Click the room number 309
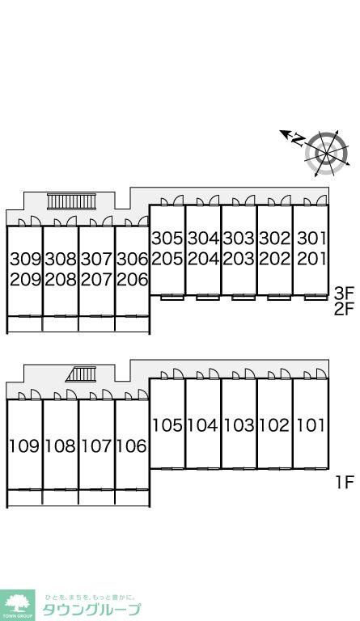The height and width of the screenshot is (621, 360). (x=25, y=260)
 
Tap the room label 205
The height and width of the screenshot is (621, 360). (x=167, y=259)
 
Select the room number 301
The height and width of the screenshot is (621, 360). (x=311, y=239)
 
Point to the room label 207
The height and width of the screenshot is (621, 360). (x=96, y=280)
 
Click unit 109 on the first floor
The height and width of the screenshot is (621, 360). (x=25, y=446)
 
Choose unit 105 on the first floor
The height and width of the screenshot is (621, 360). (x=167, y=425)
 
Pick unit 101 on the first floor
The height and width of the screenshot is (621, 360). (x=311, y=425)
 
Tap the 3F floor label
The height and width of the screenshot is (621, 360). (x=343, y=294)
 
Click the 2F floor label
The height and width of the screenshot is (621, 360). (x=343, y=309)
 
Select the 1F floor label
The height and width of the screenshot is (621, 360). (x=344, y=483)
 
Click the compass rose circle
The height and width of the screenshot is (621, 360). (x=327, y=154)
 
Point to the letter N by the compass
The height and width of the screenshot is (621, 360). (x=299, y=140)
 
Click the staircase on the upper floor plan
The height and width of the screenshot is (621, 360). (x=72, y=201)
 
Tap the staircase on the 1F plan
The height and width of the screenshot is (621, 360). (x=82, y=374)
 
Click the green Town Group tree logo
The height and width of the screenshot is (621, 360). (x=18, y=605)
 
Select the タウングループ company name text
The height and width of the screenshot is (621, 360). (x=91, y=609)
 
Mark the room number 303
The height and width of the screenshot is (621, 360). (x=239, y=239)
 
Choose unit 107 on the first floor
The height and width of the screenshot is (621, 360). (x=96, y=446)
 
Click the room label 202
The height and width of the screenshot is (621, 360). (x=275, y=259)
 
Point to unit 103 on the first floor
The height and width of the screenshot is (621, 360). (x=239, y=425)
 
